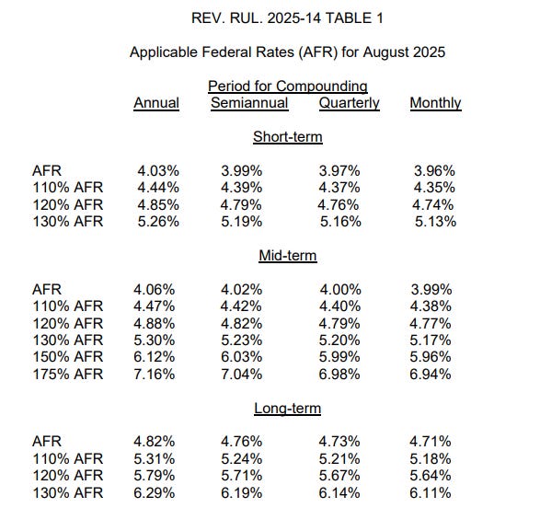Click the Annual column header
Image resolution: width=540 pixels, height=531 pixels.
[x=156, y=103]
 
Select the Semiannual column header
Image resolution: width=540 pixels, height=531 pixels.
[x=249, y=103]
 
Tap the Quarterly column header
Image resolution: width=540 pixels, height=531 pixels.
[x=349, y=103]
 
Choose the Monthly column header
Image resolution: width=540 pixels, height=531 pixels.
[x=435, y=103]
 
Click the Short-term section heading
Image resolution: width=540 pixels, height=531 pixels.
[x=288, y=137]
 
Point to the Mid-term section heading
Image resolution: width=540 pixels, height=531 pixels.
[x=288, y=256]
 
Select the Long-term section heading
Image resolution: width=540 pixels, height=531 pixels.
[x=288, y=408]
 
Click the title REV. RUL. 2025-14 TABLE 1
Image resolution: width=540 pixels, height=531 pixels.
[x=287, y=18]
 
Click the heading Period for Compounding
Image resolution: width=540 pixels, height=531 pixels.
[x=287, y=86]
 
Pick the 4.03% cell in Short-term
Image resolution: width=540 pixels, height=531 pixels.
[x=156, y=170]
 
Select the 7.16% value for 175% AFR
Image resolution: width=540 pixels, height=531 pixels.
[x=156, y=374]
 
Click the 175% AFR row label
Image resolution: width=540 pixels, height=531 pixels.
[x=66, y=374]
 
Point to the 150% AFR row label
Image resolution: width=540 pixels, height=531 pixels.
[x=66, y=356]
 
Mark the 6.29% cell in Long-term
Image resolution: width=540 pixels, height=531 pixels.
[x=156, y=492]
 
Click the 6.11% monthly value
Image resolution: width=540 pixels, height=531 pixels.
[x=432, y=492]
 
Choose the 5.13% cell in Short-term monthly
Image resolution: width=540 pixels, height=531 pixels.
[x=436, y=221]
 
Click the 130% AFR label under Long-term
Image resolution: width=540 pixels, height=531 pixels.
[x=66, y=492]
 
